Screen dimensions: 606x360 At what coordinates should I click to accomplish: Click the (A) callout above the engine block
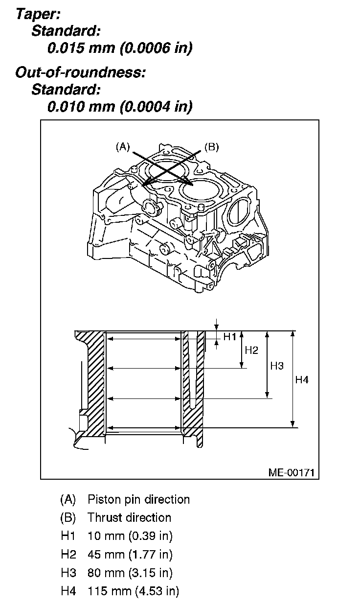click(x=122, y=146)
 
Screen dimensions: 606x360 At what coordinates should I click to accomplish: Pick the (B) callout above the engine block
click(x=211, y=146)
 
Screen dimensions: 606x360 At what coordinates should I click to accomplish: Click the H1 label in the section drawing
click(x=230, y=337)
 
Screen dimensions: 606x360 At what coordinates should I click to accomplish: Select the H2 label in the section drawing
click(x=251, y=350)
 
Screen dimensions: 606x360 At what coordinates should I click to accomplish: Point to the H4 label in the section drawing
click(x=302, y=379)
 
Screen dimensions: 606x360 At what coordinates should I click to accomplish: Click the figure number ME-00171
click(x=291, y=472)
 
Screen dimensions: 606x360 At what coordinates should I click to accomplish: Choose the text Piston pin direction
click(x=138, y=500)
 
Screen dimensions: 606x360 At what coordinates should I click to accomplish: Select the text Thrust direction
click(x=129, y=518)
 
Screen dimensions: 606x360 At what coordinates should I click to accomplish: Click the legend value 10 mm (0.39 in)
click(x=130, y=536)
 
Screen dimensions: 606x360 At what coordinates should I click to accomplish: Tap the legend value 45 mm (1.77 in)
click(x=130, y=555)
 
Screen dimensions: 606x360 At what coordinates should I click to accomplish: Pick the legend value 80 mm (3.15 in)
click(x=130, y=573)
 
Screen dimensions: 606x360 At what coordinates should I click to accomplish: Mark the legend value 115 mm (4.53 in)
click(x=133, y=591)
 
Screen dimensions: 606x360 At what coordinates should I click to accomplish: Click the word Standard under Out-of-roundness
click(x=66, y=90)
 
